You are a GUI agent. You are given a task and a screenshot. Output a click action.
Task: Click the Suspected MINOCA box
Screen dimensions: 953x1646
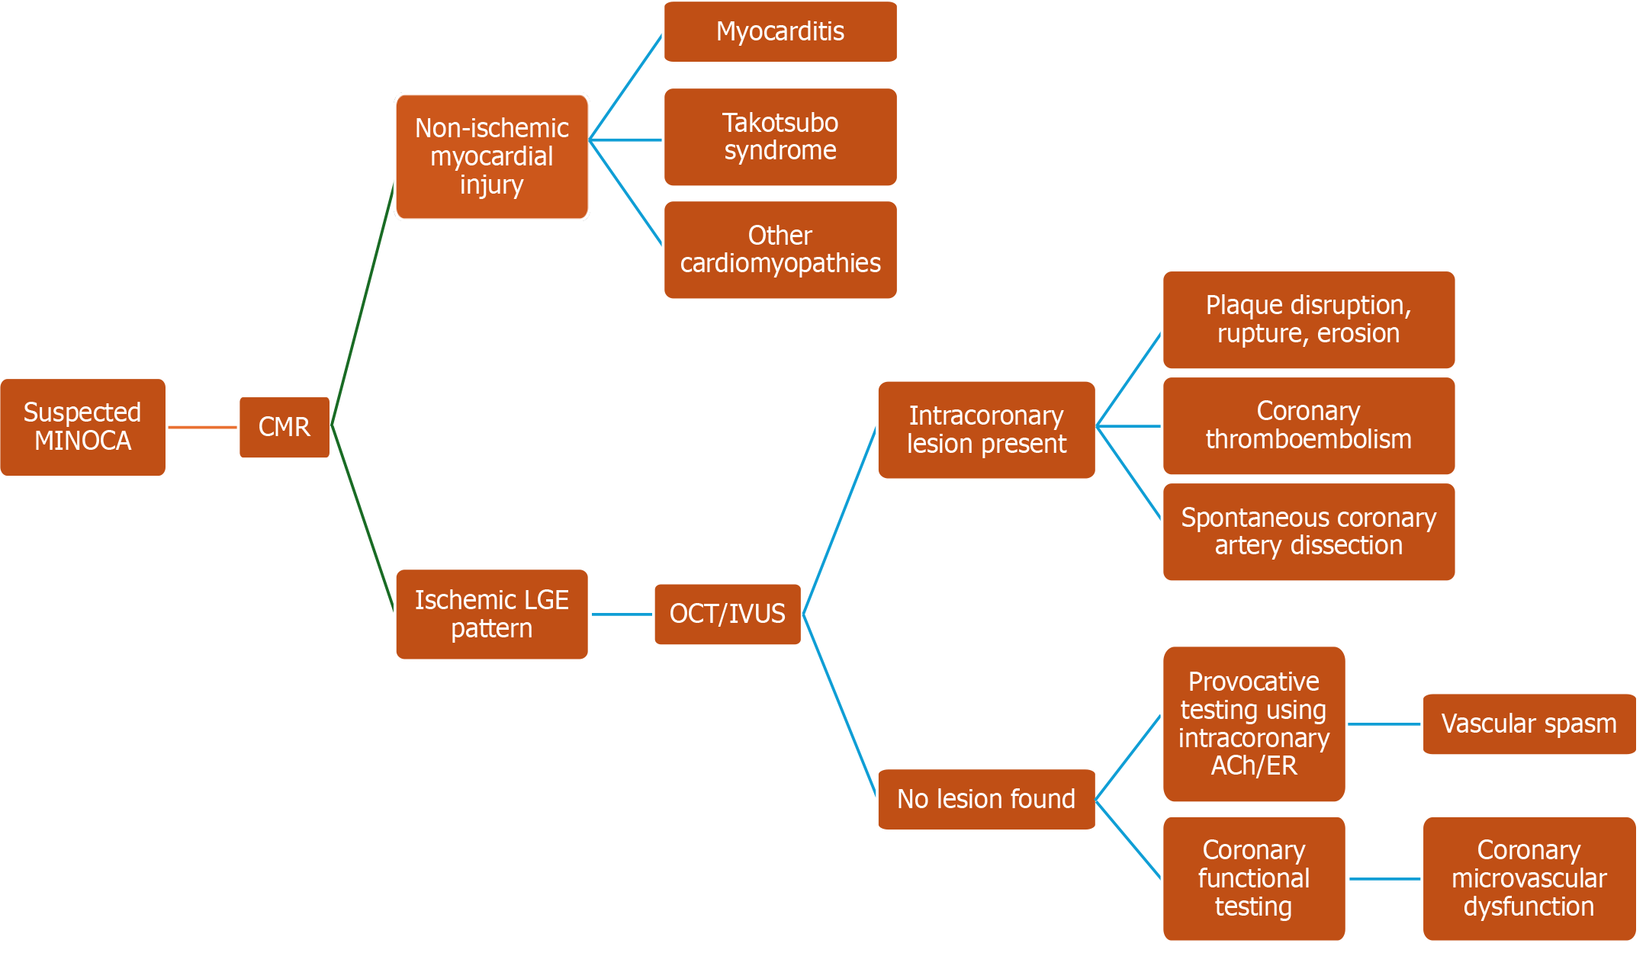(x=82, y=427)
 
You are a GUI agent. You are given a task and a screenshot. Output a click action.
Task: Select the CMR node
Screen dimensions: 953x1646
(x=284, y=427)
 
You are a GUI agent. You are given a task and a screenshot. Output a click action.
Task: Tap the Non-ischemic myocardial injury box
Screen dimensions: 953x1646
(x=491, y=156)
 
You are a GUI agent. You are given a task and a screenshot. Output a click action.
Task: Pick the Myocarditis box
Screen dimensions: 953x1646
(x=780, y=31)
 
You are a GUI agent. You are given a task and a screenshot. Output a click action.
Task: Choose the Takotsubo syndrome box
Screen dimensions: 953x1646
(x=780, y=136)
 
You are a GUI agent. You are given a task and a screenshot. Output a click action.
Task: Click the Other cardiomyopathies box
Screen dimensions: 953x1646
(x=780, y=249)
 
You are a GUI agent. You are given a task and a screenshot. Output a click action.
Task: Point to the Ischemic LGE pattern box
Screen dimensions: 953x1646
(x=491, y=614)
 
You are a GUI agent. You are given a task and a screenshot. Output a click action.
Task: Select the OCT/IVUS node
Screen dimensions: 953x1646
(x=727, y=614)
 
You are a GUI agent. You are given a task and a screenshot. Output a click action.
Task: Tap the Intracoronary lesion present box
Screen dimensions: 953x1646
(x=985, y=429)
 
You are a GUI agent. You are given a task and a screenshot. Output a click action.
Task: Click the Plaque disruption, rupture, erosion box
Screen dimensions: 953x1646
(x=1308, y=319)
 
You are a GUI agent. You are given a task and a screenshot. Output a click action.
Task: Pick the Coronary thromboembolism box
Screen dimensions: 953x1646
(x=1308, y=425)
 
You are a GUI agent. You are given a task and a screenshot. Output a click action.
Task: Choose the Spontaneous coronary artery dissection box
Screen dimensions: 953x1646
(x=1308, y=531)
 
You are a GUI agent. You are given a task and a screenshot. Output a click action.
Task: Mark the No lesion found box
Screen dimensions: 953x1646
(x=985, y=799)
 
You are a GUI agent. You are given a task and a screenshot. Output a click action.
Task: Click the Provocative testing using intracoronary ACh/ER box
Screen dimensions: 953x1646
(x=1253, y=724)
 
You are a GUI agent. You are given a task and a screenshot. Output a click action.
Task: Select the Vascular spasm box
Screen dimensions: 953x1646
(x=1529, y=724)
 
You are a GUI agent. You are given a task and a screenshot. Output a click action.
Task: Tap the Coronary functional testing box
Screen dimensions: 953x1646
(x=1253, y=878)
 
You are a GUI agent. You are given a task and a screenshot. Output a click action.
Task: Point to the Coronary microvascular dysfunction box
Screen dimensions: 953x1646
(x=1529, y=878)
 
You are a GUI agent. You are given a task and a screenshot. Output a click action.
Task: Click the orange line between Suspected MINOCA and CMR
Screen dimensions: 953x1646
(x=202, y=428)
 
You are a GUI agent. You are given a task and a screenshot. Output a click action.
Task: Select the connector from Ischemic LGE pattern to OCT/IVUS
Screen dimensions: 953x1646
(x=621, y=614)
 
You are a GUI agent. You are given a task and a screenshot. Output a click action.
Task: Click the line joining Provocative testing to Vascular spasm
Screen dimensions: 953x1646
(x=1384, y=724)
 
